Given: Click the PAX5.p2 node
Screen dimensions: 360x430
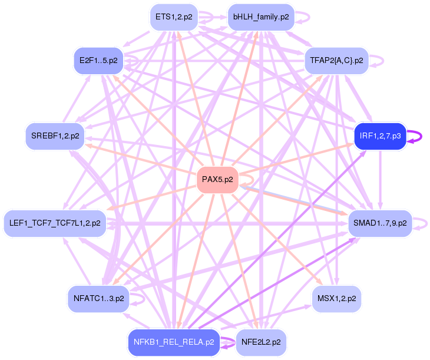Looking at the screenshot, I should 217,179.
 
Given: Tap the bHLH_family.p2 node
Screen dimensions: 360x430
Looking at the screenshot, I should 260,17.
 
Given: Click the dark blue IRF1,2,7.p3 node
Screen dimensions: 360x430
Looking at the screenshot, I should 380,136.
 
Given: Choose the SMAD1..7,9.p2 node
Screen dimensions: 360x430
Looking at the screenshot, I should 379,223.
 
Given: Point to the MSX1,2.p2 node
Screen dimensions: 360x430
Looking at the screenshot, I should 336,299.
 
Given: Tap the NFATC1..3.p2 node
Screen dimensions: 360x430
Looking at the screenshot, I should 98,299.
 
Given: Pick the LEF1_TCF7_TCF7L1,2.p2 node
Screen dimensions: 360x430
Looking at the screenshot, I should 55,223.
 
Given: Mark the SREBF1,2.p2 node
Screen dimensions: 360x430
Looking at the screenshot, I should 55,136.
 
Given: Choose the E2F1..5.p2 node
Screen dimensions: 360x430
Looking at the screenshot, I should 98,60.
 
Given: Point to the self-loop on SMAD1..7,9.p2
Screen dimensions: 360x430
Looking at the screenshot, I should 421,223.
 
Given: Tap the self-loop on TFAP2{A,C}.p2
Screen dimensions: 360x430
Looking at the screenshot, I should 378,60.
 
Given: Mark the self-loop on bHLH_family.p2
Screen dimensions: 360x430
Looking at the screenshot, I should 304,17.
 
